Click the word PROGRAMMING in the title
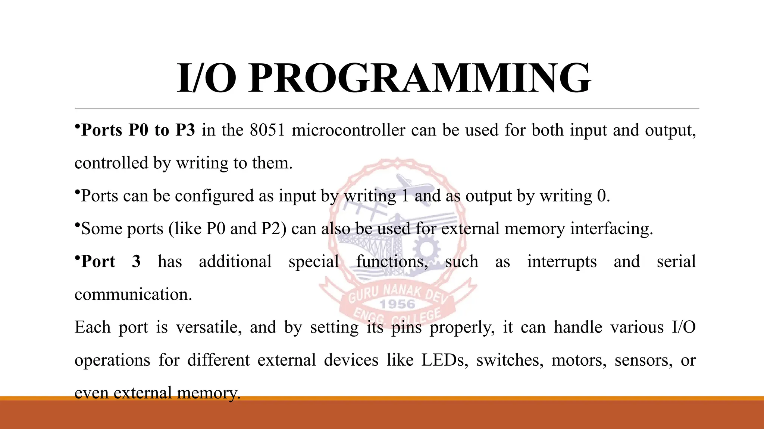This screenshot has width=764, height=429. point(419,79)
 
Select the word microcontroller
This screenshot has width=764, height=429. point(348,130)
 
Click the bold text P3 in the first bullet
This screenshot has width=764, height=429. point(185,130)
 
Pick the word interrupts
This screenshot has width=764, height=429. point(562,262)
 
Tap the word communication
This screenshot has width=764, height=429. point(133,295)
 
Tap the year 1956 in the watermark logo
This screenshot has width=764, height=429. point(398,304)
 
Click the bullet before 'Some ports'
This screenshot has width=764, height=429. point(77,225)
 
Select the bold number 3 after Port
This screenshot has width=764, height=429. point(136,262)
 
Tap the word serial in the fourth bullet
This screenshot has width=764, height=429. point(676,262)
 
